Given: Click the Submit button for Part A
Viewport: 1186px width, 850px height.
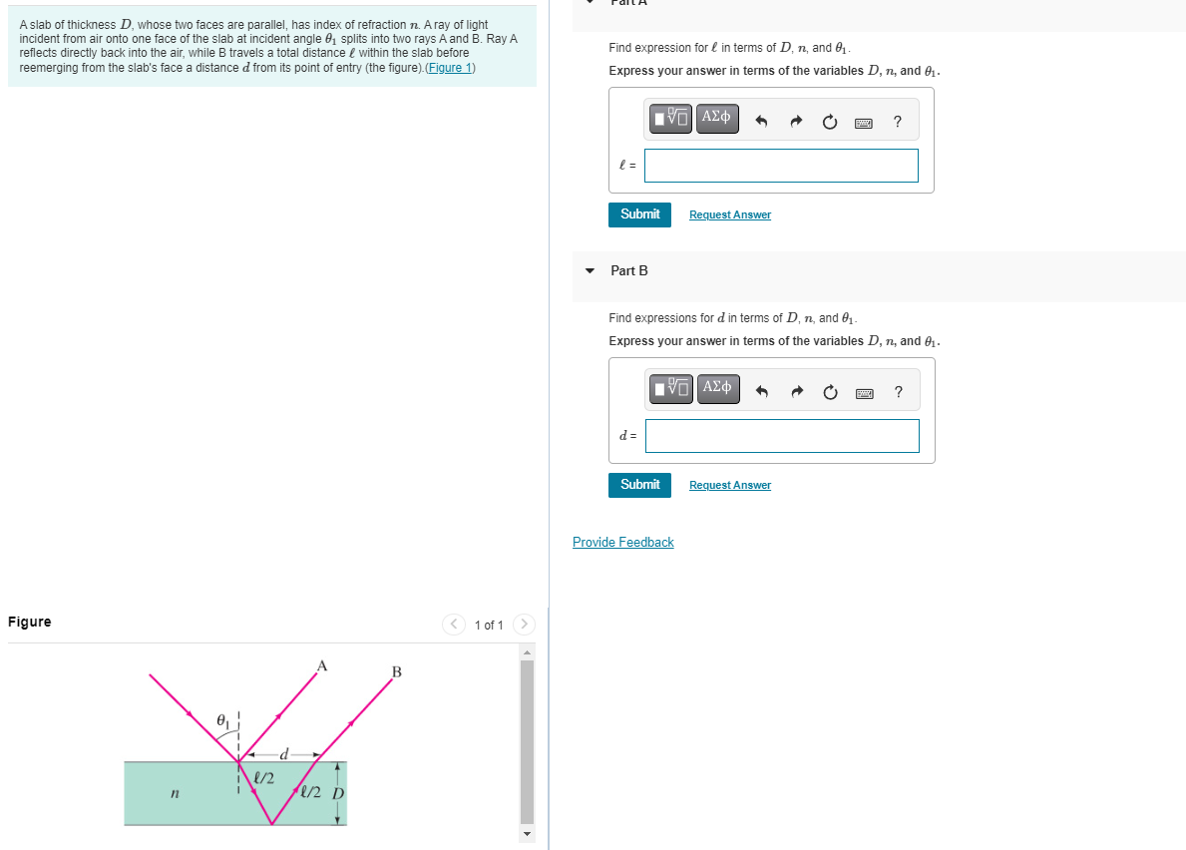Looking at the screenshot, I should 639,214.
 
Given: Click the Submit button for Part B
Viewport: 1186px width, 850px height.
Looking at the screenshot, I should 639,485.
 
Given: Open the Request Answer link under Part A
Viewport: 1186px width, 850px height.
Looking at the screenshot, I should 729,215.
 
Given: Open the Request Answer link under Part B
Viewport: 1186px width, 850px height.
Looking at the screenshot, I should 729,486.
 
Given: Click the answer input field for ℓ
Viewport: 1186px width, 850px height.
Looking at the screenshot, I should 781,166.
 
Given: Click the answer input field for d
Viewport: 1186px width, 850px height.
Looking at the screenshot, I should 782,436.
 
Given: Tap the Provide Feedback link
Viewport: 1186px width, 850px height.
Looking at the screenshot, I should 622,543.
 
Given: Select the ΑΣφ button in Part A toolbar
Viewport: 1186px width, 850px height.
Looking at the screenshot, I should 717,118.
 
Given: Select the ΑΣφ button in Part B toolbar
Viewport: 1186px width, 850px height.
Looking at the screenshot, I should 717,387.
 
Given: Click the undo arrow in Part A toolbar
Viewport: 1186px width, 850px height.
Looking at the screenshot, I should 762,123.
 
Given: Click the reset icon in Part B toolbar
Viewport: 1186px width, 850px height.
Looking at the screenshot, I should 831,392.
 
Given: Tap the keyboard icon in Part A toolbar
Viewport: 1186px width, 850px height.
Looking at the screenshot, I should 864,123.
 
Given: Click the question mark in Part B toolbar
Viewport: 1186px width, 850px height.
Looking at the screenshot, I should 898,392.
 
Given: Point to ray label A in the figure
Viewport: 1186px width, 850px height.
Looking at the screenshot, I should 321,665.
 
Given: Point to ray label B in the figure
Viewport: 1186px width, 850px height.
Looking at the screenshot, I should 396,672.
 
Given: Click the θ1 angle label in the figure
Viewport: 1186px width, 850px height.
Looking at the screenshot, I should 226,719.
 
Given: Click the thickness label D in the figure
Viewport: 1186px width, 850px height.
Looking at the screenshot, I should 337,794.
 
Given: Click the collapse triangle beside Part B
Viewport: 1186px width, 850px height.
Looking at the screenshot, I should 590,271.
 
